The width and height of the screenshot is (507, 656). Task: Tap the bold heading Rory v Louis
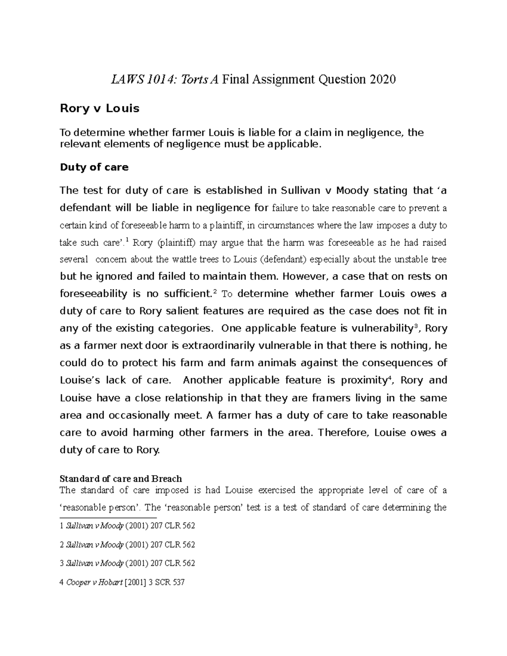pos(99,109)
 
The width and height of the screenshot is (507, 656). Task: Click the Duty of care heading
pos(94,167)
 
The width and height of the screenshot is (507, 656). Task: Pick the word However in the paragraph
pos(301,277)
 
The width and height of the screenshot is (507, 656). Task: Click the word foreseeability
pos(93,294)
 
